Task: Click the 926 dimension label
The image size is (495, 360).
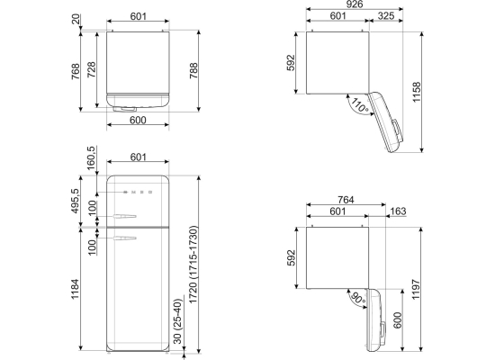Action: tap(355, 4)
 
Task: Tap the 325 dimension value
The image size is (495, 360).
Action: tap(386, 16)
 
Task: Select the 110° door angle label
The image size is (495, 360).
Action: tap(360, 105)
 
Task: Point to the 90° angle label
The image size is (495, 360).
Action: tap(358, 298)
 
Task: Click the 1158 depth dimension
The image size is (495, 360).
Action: tap(417, 92)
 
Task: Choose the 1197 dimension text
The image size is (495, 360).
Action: tap(416, 289)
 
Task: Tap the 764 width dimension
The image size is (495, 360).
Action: tap(346, 200)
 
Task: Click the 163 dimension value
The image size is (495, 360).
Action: tap(398, 211)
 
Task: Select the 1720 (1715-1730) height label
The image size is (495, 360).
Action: tap(193, 265)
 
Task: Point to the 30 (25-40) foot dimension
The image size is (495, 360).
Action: tap(178, 321)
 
